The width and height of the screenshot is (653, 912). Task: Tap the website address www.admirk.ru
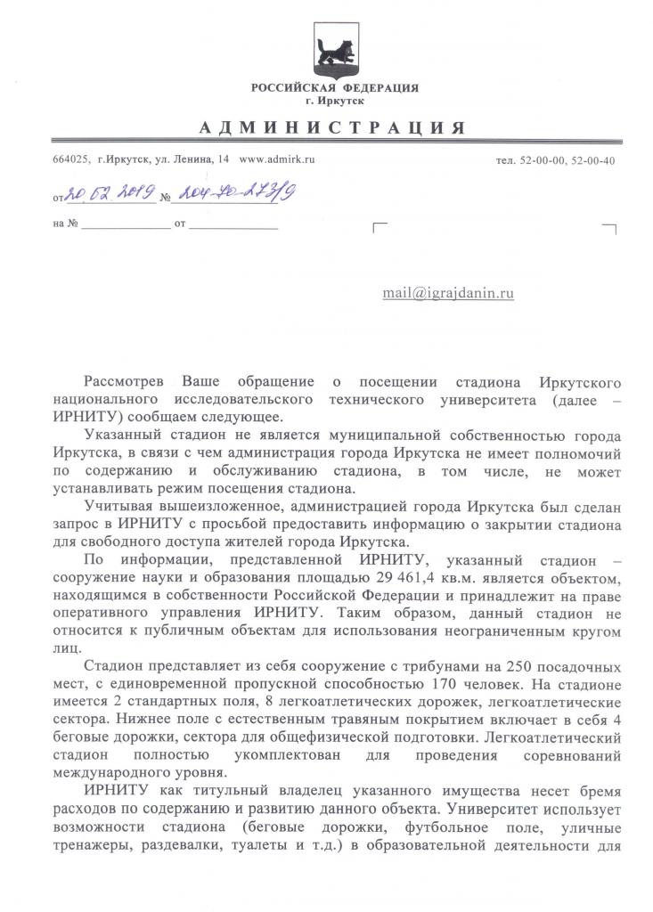[x=278, y=159]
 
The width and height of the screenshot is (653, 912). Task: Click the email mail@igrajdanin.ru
[x=448, y=292]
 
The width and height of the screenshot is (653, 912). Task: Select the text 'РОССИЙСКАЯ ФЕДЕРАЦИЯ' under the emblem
[x=334, y=88]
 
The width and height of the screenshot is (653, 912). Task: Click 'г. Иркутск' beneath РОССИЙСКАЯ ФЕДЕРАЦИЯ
[x=334, y=102]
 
